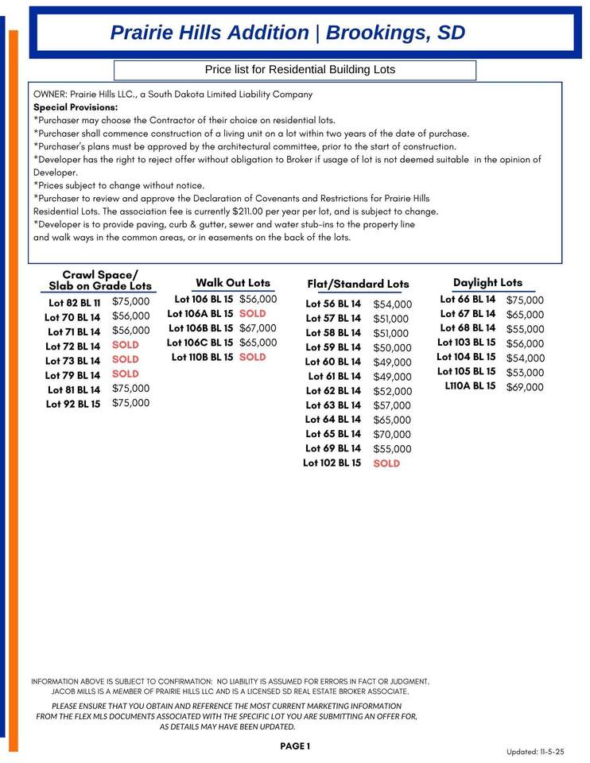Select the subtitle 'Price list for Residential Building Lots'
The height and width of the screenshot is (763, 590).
point(300,70)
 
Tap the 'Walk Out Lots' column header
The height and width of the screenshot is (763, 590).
point(233,283)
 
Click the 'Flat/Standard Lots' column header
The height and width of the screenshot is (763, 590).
point(358,284)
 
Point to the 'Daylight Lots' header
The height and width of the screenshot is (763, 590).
point(487,283)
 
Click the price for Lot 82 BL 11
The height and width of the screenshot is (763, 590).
point(130,302)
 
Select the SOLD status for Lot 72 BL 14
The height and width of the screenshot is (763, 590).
point(126,345)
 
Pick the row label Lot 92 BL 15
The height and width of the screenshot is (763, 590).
point(73,404)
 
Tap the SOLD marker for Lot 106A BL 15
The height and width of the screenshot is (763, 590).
point(253,314)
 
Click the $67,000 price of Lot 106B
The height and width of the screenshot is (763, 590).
point(258,328)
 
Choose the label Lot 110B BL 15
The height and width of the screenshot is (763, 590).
point(202,358)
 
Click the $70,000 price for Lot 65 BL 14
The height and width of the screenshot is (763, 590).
point(392,435)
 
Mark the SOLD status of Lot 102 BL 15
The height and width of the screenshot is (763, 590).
point(386,463)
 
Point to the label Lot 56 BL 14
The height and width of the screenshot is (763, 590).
point(333,304)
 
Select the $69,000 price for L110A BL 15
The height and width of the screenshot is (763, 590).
point(525,387)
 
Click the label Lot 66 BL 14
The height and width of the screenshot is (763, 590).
point(468,300)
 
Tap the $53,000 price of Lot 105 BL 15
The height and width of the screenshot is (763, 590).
point(525,373)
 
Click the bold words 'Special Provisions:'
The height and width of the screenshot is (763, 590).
point(76,107)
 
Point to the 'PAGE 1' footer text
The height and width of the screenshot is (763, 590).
point(295,746)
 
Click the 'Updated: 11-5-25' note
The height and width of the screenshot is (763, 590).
point(535,752)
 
